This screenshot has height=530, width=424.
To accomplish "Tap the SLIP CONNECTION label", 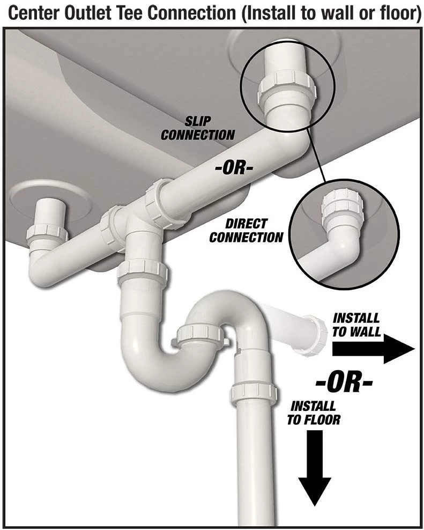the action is [198, 128].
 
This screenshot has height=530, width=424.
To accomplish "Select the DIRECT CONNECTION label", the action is [246, 231].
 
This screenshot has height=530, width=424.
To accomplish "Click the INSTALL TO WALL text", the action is [356, 325].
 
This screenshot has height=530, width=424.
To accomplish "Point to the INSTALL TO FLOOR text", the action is [314, 413].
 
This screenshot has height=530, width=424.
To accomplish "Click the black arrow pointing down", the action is [314, 468].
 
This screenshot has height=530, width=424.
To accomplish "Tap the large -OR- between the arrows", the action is [344, 382].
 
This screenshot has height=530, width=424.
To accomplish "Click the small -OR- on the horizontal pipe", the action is [234, 168].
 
